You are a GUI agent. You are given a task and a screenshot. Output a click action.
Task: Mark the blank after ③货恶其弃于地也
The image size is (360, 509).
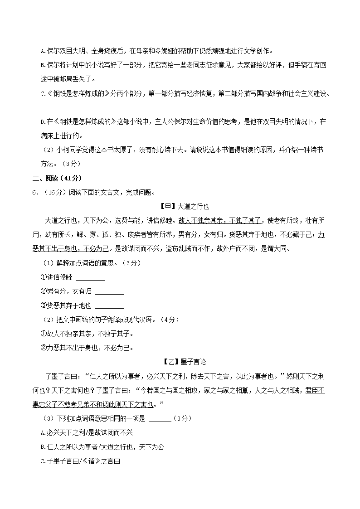pyautogui.click(x=109, y=306)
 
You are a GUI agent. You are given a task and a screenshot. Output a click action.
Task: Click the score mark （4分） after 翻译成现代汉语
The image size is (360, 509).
pyautogui.click(x=170, y=320)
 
